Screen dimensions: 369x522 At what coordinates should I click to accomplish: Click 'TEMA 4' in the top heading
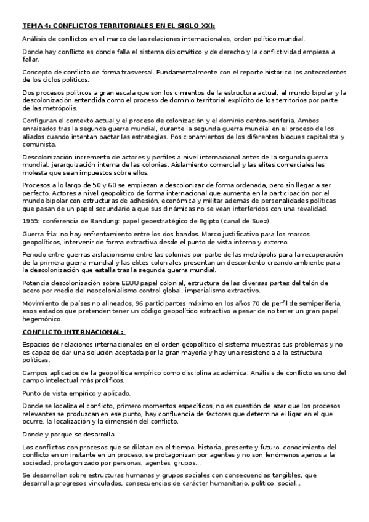coord(35,26)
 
